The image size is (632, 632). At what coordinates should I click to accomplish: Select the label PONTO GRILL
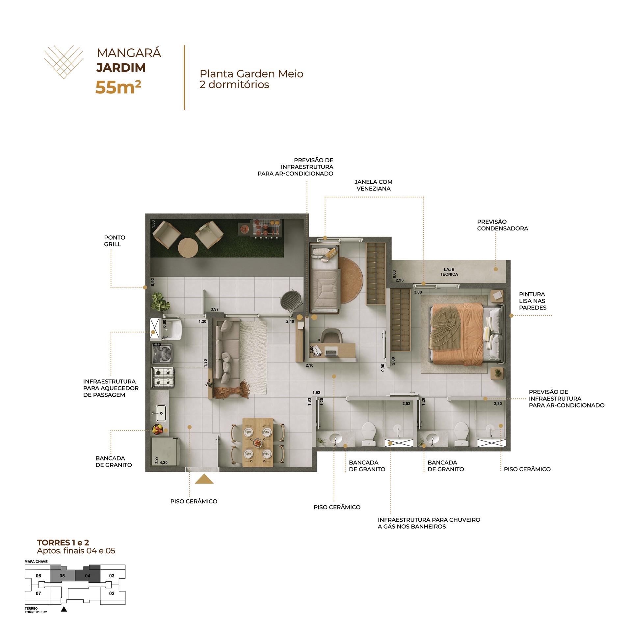115,241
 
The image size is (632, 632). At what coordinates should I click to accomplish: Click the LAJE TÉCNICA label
449,272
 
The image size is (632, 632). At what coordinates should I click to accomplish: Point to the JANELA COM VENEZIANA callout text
373,185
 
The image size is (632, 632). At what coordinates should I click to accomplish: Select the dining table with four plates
258,442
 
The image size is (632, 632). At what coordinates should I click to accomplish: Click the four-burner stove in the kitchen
163,378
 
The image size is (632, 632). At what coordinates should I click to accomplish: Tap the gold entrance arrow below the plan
204,479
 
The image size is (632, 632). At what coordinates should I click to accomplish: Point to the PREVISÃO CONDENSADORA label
502,225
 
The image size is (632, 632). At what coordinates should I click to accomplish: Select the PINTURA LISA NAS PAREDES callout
533,301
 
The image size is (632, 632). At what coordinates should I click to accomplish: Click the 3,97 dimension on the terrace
215,309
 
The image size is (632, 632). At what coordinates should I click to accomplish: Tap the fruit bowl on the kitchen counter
157,429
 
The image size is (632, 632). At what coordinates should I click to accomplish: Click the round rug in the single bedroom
351,280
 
